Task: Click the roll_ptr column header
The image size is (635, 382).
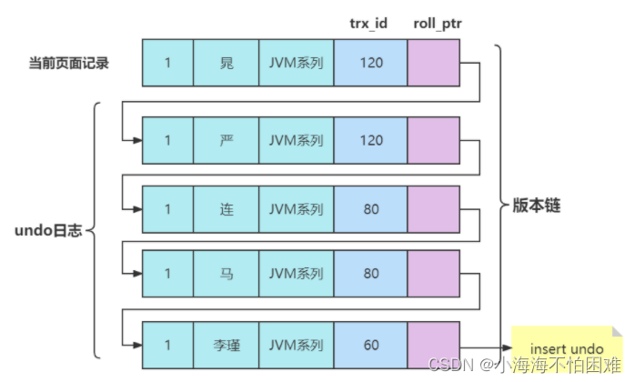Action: (x=438, y=23)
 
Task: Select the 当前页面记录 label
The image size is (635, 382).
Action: (x=69, y=63)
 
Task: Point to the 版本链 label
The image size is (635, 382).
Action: (x=530, y=206)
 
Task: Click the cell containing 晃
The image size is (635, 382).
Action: (x=226, y=63)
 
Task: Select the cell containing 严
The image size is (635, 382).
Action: (x=226, y=140)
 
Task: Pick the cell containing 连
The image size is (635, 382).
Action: (x=226, y=208)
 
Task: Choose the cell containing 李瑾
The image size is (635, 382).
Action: (x=226, y=345)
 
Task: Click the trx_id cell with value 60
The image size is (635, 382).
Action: (x=370, y=345)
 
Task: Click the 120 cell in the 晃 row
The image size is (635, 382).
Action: (x=370, y=63)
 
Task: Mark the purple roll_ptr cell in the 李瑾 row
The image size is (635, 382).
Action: (x=437, y=345)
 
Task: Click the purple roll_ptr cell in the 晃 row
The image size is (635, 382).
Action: (x=437, y=63)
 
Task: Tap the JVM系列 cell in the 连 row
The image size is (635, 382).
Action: (x=296, y=208)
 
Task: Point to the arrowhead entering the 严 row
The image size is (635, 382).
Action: (x=137, y=140)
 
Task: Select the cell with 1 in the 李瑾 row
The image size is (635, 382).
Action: (x=167, y=345)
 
